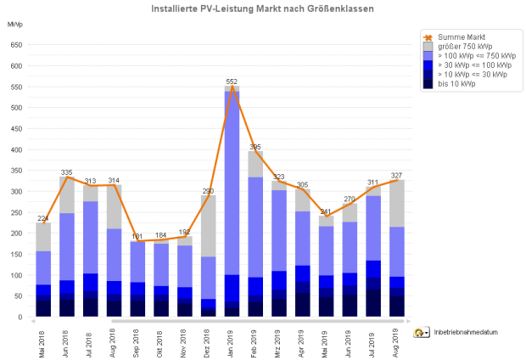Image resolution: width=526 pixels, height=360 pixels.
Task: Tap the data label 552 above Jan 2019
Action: [x=231, y=82]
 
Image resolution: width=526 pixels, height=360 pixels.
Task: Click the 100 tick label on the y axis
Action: [x=16, y=275]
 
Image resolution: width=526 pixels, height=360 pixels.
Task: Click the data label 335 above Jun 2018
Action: [x=67, y=172]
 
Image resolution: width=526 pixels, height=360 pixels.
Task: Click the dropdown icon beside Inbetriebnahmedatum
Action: [x=421, y=332]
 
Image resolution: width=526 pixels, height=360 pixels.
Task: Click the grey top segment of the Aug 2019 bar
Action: [x=394, y=204]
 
